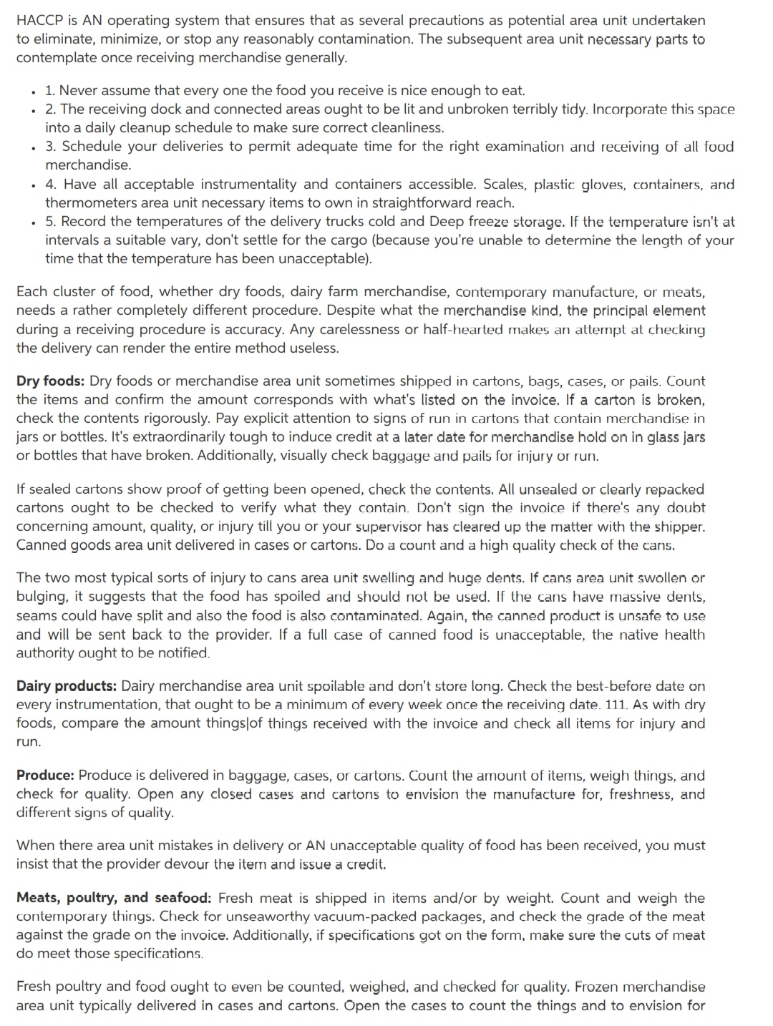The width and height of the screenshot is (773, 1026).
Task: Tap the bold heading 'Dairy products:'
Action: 67,685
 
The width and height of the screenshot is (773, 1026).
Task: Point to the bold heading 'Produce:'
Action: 45,775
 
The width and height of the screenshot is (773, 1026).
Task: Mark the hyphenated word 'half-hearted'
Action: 467,329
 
